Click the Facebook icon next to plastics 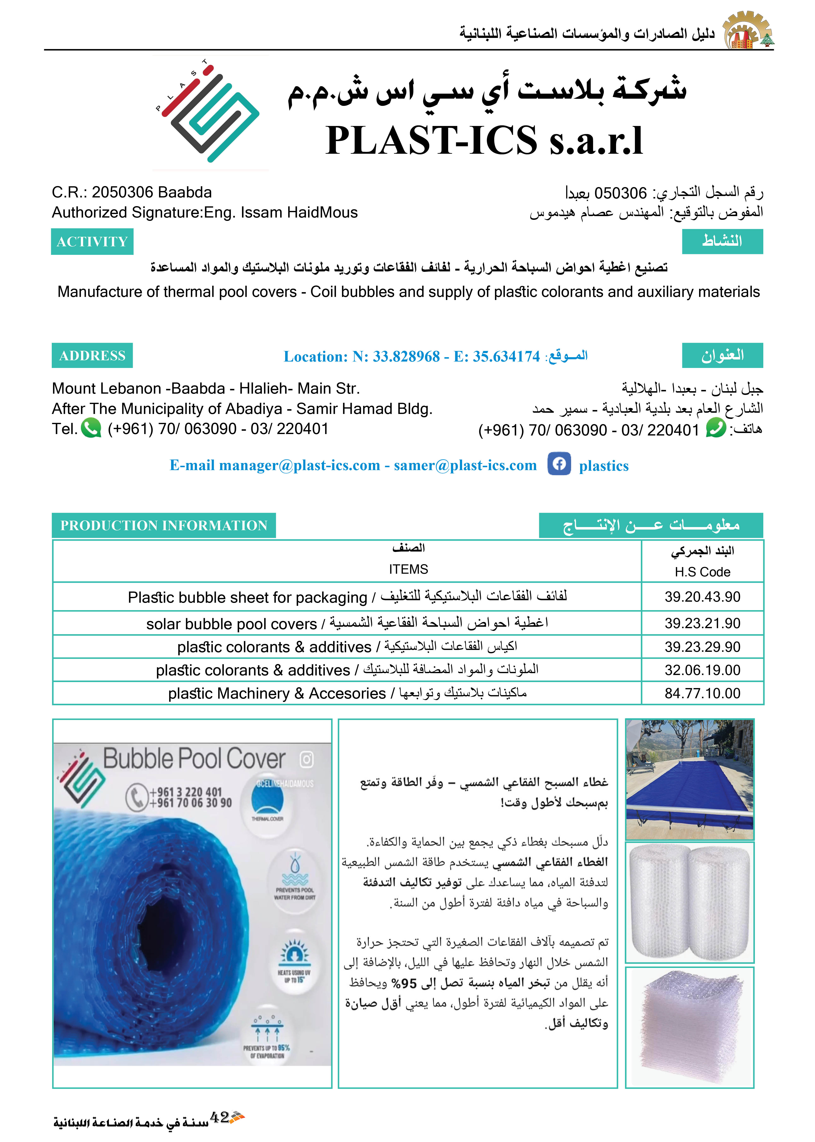559,464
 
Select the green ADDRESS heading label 92,356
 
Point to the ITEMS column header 408,569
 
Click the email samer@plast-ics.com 465,466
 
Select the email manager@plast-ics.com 300,466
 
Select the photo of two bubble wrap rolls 690,902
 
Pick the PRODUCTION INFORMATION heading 164,525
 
